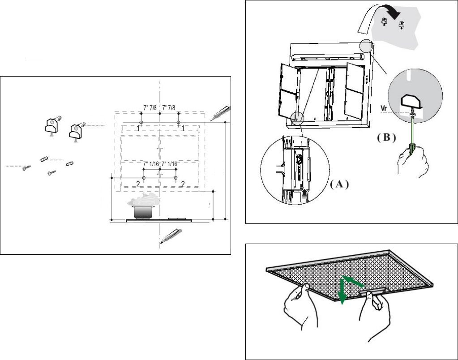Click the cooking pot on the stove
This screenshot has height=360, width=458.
[x=142, y=210]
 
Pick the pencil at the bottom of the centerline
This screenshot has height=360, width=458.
[x=171, y=236]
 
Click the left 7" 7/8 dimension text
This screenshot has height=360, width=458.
[x=151, y=107]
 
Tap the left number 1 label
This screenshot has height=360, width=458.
[x=139, y=129]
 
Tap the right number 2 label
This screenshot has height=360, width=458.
[x=183, y=184]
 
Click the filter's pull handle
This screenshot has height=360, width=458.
[x=371, y=291]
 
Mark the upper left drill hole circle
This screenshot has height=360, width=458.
[x=141, y=122]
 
